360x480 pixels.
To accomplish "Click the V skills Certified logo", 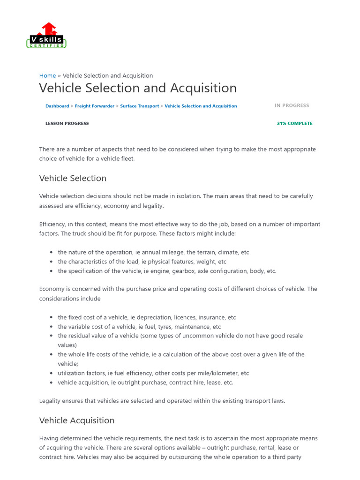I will tap(46, 36).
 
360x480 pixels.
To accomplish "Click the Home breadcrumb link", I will tap(47, 75).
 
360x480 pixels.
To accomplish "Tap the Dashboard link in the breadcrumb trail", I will tap(57, 106).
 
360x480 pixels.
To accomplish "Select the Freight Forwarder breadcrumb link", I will tap(95, 106).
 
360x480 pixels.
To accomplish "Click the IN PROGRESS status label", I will tap(292, 105).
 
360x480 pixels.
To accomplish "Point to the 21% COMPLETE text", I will tap(294, 123).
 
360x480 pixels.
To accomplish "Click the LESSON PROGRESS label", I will tap(67, 123).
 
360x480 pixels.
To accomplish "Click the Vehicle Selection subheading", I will tap(73, 178).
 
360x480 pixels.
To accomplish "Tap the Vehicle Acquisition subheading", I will tap(77, 420).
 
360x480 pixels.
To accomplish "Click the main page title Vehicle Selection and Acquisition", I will tap(138, 88).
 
